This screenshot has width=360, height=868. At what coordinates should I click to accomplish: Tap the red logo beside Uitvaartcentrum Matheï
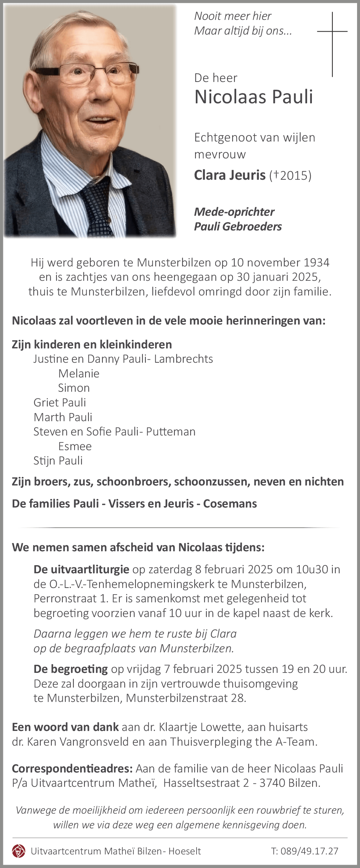18,851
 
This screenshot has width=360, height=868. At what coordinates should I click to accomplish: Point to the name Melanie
79,373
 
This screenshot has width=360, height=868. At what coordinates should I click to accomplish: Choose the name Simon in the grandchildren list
74,388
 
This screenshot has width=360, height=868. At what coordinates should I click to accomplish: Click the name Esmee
75,446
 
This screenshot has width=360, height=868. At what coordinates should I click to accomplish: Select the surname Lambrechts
183,359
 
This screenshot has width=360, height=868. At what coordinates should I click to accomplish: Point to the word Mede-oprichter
234,212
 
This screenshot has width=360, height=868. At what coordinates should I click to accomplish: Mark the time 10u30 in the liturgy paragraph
312,569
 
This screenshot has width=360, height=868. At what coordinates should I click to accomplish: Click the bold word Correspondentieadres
72,768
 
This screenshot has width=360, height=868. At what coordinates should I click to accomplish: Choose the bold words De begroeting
71,669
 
